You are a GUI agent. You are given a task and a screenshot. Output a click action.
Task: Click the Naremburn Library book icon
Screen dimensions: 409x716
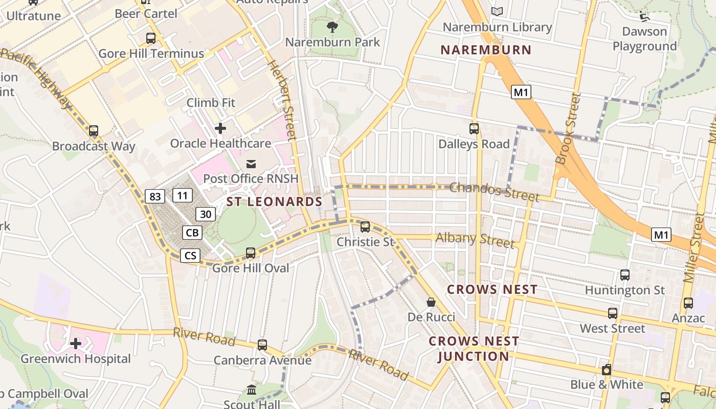tap(497, 11)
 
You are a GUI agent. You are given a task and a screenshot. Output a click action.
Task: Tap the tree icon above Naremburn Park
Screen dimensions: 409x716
tap(332, 27)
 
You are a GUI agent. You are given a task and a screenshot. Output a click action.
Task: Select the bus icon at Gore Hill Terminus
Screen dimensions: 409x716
tap(151, 38)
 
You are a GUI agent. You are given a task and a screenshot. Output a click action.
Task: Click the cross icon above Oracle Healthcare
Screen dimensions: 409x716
tap(220, 128)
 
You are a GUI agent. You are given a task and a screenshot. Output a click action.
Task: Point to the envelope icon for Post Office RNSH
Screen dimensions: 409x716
tap(251, 164)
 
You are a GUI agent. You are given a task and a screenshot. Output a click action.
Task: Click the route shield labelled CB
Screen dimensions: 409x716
tap(192, 233)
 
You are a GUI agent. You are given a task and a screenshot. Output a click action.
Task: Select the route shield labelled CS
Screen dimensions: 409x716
tap(190, 255)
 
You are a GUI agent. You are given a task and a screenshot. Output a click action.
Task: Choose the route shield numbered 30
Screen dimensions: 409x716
tap(205, 214)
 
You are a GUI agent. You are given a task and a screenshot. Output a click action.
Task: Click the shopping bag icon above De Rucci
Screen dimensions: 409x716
tap(431, 302)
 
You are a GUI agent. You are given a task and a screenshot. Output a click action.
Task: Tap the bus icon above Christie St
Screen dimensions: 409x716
tap(365, 226)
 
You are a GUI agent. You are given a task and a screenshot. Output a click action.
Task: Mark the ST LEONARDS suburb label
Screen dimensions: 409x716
tap(274, 201)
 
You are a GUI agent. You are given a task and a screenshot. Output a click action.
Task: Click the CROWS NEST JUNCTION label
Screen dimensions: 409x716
tap(474, 349)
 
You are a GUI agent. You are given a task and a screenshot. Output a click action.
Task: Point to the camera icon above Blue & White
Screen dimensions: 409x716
tap(607, 369)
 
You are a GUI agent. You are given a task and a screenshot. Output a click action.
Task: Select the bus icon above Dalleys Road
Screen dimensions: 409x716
tap(474, 129)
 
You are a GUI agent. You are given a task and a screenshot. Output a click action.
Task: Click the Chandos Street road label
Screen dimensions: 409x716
tap(494, 192)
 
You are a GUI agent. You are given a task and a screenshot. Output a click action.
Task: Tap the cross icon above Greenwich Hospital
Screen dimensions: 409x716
tap(76, 344)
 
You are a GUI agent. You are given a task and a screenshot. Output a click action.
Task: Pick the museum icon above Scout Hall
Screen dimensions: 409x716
tap(252, 390)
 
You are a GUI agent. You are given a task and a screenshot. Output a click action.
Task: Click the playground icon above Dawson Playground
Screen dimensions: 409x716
tap(644, 16)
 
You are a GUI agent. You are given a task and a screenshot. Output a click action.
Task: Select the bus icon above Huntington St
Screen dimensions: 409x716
tap(624, 275)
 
